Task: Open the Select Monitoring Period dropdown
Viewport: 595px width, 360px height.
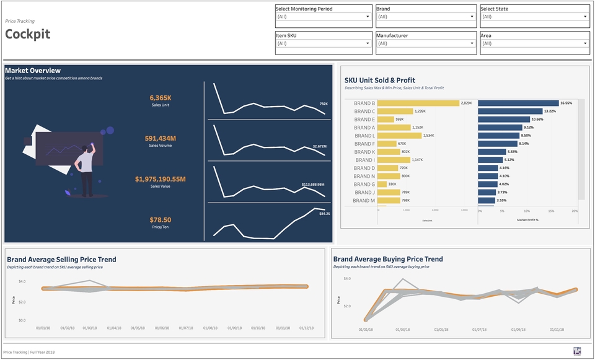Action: pos(323,17)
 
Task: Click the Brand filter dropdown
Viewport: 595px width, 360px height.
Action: pos(425,17)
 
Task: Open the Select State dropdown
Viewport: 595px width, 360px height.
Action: pos(535,17)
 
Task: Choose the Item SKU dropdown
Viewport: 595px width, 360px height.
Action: pos(323,43)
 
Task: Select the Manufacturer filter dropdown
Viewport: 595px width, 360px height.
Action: pos(425,43)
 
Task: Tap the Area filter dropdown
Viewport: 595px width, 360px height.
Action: pos(535,43)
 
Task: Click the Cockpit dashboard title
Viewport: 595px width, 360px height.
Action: pos(28,34)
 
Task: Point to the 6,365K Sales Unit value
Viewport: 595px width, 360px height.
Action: pos(160,98)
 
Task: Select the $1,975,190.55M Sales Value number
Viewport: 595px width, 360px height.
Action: pos(160,179)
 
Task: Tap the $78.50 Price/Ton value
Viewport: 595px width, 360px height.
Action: pos(160,220)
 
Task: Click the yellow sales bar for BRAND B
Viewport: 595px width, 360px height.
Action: pos(418,103)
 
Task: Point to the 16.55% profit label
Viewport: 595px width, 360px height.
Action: pos(566,103)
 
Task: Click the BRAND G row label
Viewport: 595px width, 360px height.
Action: pos(364,185)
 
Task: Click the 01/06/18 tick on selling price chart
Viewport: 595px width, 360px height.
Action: pos(163,328)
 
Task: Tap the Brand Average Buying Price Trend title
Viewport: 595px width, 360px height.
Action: pos(388,259)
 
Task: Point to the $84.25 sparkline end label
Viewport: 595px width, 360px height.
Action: pos(324,214)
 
